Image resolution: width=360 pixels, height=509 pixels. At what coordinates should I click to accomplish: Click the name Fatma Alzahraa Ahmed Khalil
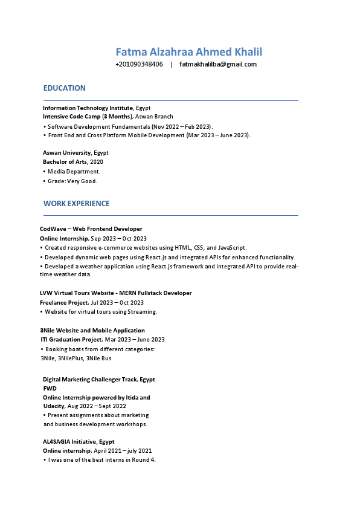tap(188, 52)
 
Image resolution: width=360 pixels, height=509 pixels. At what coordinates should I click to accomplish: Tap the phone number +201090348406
tap(139, 64)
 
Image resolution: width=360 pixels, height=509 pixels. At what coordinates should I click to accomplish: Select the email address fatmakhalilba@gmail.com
tap(218, 64)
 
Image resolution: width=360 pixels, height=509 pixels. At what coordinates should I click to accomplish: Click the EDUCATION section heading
tap(65, 88)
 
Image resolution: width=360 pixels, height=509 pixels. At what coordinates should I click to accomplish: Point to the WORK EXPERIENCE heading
tap(77, 204)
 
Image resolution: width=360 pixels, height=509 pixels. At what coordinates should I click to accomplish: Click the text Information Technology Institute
tap(88, 108)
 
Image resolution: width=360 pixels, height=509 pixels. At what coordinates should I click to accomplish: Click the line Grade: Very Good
tap(72, 181)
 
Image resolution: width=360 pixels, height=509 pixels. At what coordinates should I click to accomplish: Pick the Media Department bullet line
tap(74, 172)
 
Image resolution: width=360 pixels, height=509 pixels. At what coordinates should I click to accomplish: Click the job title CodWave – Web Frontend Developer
tap(91, 229)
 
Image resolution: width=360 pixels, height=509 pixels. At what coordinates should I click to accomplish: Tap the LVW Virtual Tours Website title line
tap(115, 293)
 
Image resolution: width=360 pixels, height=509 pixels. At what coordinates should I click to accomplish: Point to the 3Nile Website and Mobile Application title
tap(92, 331)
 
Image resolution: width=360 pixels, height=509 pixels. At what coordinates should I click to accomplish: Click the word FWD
tap(49, 389)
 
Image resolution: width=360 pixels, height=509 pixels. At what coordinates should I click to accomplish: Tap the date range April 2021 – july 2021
tap(123, 451)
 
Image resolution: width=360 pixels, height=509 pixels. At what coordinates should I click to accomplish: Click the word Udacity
tap(54, 406)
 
